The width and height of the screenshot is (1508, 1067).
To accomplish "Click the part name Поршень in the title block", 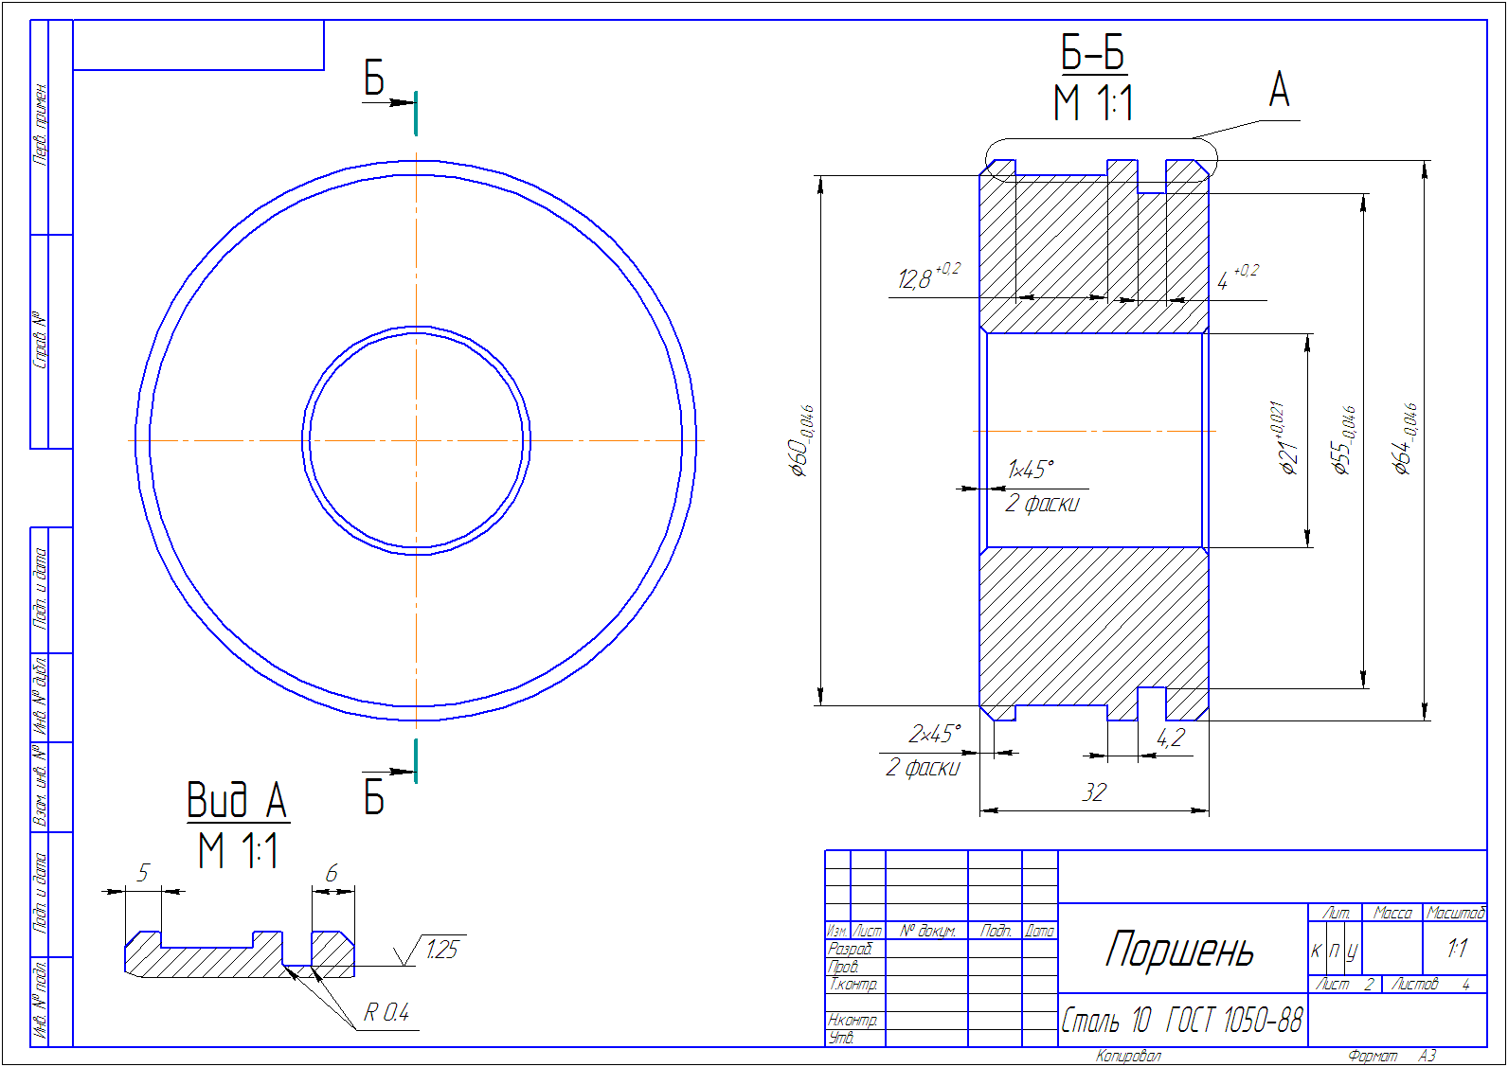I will pyautogui.click(x=1180, y=950).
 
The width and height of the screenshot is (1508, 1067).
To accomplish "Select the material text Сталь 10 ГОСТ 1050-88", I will pyautogui.click(x=1181, y=1021).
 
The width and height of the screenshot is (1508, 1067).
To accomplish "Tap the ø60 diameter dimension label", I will pyautogui.click(x=801, y=442).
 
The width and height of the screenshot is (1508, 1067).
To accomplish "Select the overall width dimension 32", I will pyautogui.click(x=1094, y=792).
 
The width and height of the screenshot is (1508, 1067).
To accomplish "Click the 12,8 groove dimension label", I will pyautogui.click(x=916, y=278).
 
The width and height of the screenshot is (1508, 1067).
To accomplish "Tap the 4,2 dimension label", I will pyautogui.click(x=1171, y=738).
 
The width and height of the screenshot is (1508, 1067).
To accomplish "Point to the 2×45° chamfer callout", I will pyautogui.click(x=934, y=734).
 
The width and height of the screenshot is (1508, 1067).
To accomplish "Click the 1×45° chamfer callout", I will pyautogui.click(x=1031, y=470).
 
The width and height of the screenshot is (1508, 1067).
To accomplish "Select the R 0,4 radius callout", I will pyautogui.click(x=386, y=1013).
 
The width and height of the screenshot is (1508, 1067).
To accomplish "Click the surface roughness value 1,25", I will pyautogui.click(x=440, y=950).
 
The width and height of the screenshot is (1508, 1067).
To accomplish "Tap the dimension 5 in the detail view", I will pyautogui.click(x=143, y=873).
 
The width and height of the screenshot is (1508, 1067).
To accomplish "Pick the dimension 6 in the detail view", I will pyautogui.click(x=332, y=873).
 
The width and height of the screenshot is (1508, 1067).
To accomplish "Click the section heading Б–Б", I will pyautogui.click(x=1093, y=54).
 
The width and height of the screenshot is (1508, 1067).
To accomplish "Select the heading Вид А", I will pyautogui.click(x=237, y=801).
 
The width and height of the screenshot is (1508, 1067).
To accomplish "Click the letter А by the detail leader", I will pyautogui.click(x=1279, y=91).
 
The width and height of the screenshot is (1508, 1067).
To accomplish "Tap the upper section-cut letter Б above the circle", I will pyautogui.click(x=374, y=79).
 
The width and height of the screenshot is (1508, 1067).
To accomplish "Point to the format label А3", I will pyautogui.click(x=1427, y=1056).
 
